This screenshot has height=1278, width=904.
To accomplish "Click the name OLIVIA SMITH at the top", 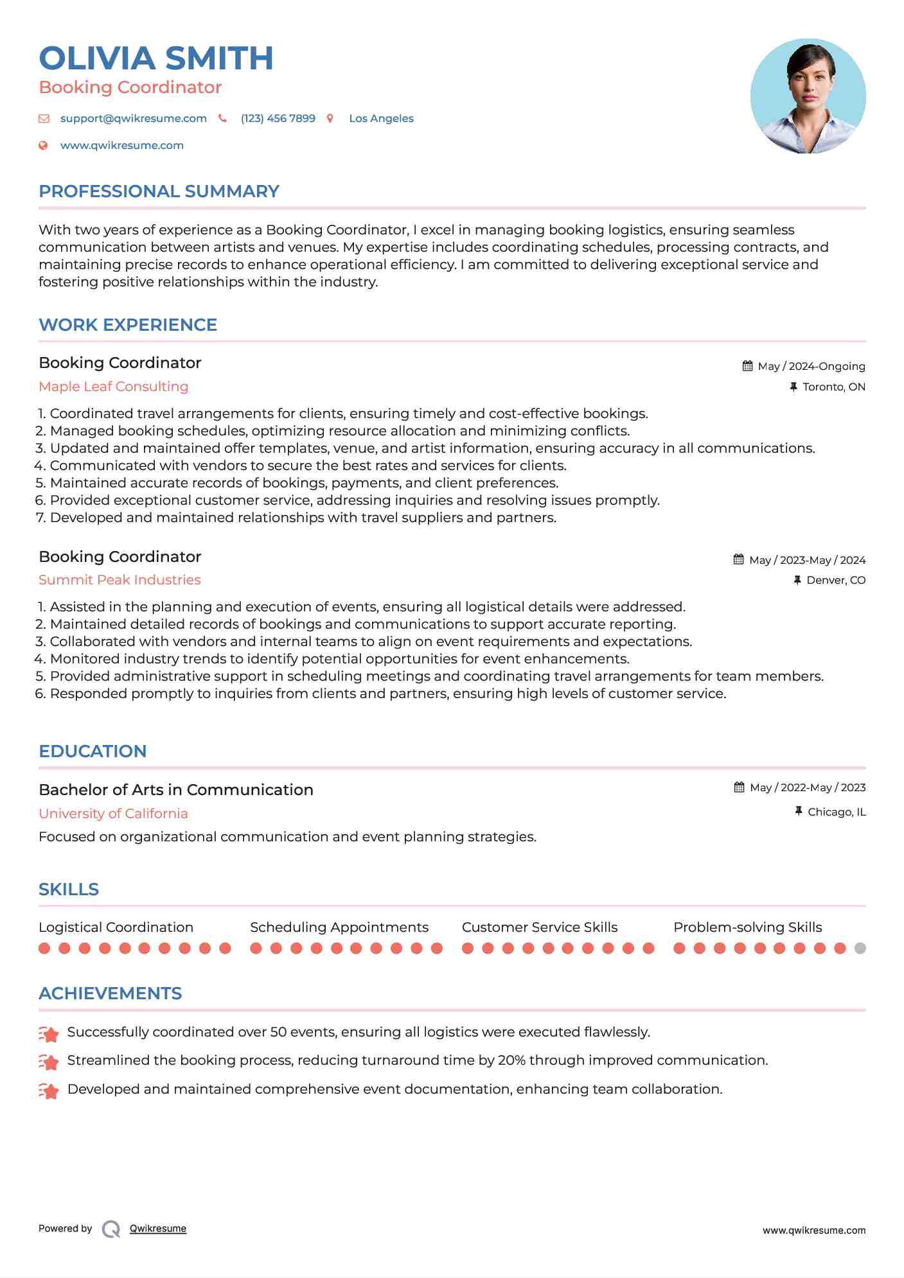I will click(x=156, y=58).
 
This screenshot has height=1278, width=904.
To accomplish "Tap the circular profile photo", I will click(x=808, y=96).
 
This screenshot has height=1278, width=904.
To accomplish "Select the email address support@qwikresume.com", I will click(x=133, y=118).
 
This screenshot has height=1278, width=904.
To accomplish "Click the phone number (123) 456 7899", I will click(x=278, y=118).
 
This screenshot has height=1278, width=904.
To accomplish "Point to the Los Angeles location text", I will click(x=381, y=118).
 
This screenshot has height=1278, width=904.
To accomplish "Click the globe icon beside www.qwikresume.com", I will click(x=43, y=145).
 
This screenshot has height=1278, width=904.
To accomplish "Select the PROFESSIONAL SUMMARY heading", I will click(x=159, y=191).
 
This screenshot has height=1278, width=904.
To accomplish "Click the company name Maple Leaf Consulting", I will click(x=113, y=387).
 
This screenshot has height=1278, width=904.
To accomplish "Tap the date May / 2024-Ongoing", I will click(x=811, y=366).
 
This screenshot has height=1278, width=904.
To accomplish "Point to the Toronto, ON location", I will click(x=833, y=387).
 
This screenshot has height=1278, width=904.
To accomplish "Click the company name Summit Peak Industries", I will click(x=120, y=580).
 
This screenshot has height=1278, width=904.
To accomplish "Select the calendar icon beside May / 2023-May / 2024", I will click(x=738, y=559).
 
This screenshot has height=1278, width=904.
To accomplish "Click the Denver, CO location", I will click(x=835, y=580).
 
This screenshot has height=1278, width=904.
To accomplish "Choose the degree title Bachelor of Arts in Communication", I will click(x=176, y=790).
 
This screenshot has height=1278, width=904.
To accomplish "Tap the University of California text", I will click(x=113, y=814).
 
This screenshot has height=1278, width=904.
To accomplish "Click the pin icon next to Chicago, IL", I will click(x=798, y=811).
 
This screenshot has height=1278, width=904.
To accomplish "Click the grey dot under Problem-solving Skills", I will click(x=860, y=948).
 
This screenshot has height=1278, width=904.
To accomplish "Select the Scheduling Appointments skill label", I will click(x=339, y=927).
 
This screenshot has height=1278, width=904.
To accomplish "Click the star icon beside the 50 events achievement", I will click(x=49, y=1033).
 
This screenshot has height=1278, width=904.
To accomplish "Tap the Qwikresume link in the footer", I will click(x=157, y=1229).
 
